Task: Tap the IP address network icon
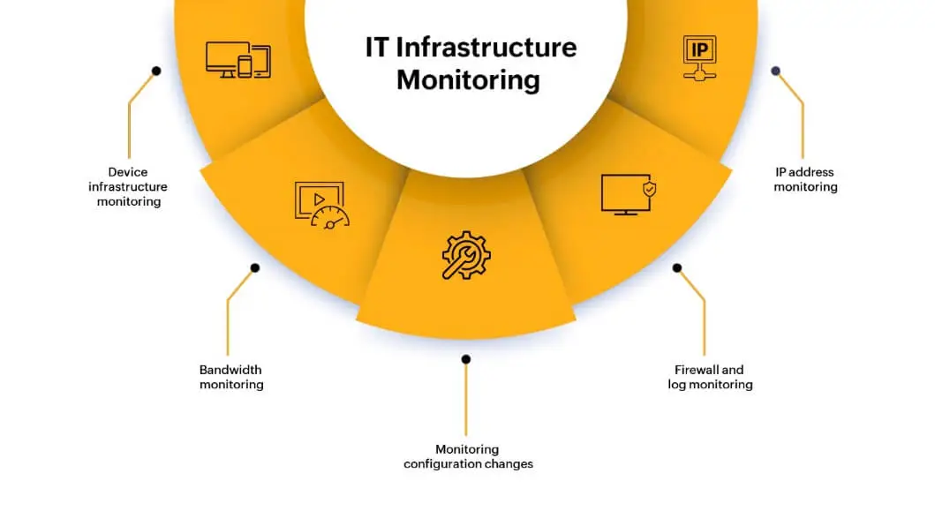coord(699,58)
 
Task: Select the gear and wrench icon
coord(466,256)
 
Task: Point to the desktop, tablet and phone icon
coord(238,59)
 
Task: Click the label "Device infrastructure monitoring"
coord(128,187)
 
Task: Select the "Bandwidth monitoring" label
coord(231,377)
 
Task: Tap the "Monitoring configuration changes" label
coord(468,456)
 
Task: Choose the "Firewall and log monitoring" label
coord(710,377)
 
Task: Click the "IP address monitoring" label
coord(805,179)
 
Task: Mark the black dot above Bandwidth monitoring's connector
coord(255,267)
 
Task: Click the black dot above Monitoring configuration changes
coord(466,359)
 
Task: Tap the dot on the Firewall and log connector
coord(677,267)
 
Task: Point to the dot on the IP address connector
coord(776,71)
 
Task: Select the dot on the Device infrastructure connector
coord(156,71)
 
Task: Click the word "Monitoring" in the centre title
coord(468,79)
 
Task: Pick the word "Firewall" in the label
coord(697,370)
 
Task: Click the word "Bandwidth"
coord(231,370)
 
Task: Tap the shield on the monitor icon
coord(650,189)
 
